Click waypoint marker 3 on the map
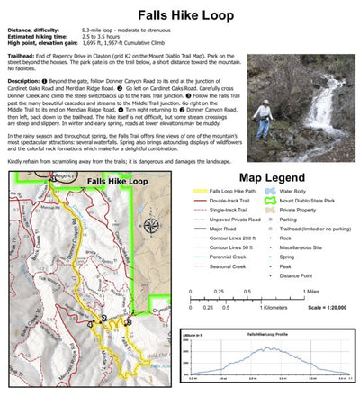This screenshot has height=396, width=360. [128, 321]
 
